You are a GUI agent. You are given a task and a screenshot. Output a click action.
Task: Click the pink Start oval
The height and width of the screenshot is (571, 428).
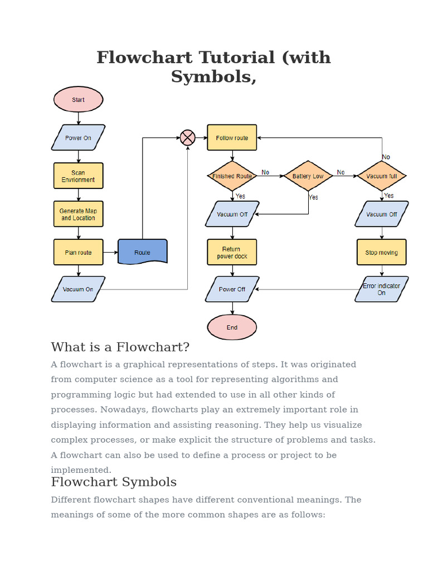coord(78,100)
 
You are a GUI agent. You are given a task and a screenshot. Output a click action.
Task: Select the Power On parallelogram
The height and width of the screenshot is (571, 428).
coord(78,138)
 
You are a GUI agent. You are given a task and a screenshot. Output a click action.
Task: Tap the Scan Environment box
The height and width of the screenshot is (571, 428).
coord(78,176)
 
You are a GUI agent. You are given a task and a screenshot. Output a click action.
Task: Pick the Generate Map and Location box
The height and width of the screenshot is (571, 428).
coord(78,214)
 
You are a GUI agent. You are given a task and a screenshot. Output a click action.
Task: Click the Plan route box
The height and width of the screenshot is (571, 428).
coord(78,252)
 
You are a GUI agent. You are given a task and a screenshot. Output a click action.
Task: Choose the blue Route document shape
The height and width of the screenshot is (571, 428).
coord(142,252)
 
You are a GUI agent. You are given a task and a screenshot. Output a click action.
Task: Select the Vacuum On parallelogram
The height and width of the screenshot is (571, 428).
coord(78,289)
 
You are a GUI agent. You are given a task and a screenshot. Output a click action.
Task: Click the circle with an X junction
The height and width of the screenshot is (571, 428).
coord(188,137)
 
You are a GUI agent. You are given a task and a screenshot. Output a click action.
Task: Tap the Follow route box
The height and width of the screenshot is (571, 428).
coord(232,138)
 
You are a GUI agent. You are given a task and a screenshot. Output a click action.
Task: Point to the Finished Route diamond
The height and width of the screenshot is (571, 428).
coord(232,176)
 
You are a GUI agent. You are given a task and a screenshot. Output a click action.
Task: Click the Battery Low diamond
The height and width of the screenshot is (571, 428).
coord(308,176)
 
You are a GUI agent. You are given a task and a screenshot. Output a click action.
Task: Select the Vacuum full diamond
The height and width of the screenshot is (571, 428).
coord(382,176)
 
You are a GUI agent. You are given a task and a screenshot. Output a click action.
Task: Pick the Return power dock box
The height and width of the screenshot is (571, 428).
coord(232,253)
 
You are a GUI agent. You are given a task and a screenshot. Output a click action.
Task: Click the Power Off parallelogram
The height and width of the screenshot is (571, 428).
coord(232,289)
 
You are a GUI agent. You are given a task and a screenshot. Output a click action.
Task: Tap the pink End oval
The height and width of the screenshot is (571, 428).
coord(232,327)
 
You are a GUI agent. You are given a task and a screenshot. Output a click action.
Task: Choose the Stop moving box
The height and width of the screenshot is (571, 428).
coord(382,253)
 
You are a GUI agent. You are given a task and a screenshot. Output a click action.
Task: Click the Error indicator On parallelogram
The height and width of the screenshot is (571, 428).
coord(382,289)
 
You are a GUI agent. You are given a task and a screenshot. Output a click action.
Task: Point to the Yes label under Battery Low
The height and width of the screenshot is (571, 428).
coord(314,197)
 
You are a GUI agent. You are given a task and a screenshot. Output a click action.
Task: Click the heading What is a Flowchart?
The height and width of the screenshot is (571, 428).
coord(120,347)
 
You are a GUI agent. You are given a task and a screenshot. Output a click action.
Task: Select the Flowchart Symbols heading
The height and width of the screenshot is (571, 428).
coord(114,482)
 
